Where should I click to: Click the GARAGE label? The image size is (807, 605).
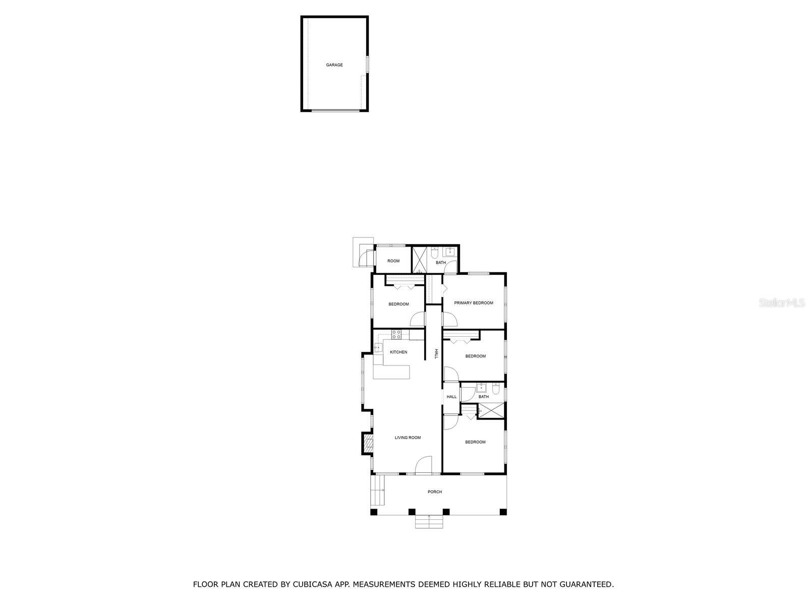pyautogui.click(x=334, y=65)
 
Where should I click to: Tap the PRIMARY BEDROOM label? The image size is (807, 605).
pyautogui.click(x=473, y=303)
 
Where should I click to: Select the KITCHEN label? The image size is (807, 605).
pyautogui.click(x=398, y=352)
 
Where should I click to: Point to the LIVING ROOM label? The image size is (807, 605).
pyautogui.click(x=408, y=438)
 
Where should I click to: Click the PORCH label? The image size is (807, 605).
pyautogui.click(x=434, y=492)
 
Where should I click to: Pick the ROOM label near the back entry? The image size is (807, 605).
pyautogui.click(x=393, y=261)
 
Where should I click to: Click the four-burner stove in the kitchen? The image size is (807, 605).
pyautogui.click(x=396, y=333)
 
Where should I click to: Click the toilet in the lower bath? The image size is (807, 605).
pyautogui.click(x=495, y=388)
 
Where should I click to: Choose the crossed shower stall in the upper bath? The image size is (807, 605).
pyautogui.click(x=420, y=259)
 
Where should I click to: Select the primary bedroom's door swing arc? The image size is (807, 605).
pyautogui.click(x=450, y=319)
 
